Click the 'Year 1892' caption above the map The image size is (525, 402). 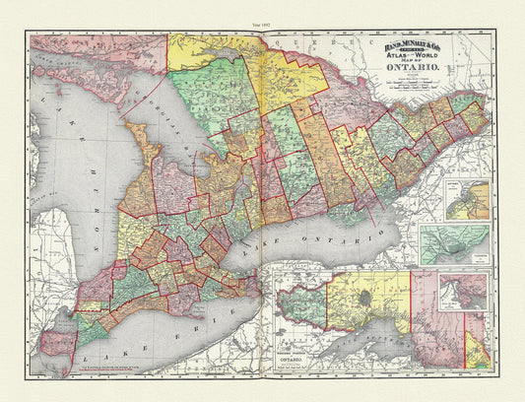[x=261, y=12]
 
